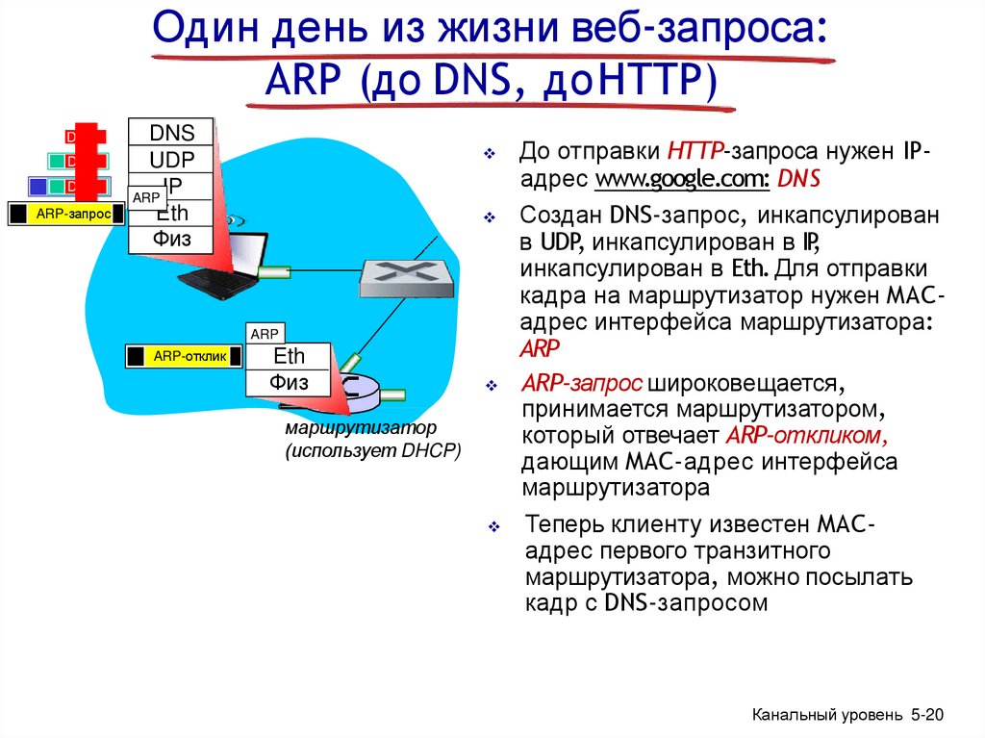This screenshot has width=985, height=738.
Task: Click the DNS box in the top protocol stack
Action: coord(172,133)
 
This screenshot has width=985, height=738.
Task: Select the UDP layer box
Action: coord(172,159)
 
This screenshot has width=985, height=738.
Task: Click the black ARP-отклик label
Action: coord(184,357)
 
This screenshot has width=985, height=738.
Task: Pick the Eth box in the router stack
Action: coord(289,356)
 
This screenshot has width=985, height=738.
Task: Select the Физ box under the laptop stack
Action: coord(172,239)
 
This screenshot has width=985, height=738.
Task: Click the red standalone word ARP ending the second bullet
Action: coord(540,347)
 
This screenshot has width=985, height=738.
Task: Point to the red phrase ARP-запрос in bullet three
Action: coord(582,384)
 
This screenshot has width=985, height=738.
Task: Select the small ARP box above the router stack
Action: coord(265,334)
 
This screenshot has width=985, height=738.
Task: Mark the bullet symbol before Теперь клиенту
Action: coord(492,527)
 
